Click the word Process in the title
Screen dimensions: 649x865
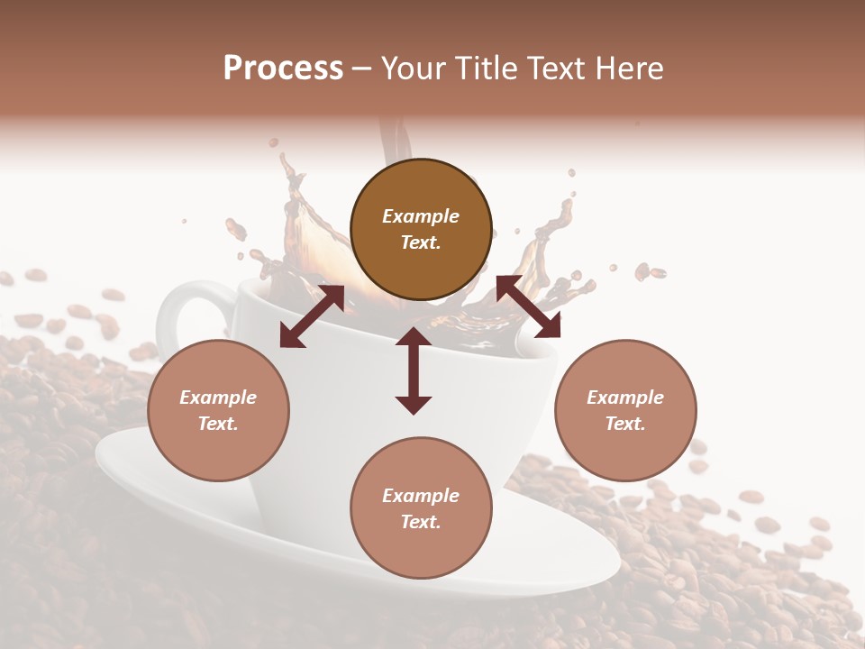pos(283,69)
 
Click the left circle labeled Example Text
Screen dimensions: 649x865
pos(218,410)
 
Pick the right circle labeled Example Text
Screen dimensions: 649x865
pos(625,410)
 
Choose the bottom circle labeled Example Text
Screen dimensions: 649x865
pos(421,508)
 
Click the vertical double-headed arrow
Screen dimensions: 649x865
pos(414,370)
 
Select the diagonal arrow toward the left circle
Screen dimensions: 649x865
pos(312,316)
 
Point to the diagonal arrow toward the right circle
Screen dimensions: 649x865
pos(529,306)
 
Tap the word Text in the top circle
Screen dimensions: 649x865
pos(421,242)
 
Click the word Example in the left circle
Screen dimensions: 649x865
pos(218,398)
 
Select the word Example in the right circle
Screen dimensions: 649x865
pos(625,398)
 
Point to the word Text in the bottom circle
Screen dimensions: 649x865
pos(421,522)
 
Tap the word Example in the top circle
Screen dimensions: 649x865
pos(421,216)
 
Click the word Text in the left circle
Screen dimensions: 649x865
pos(218,424)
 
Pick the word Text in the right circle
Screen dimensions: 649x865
pos(625,424)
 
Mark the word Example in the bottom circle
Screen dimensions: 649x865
pos(421,496)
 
